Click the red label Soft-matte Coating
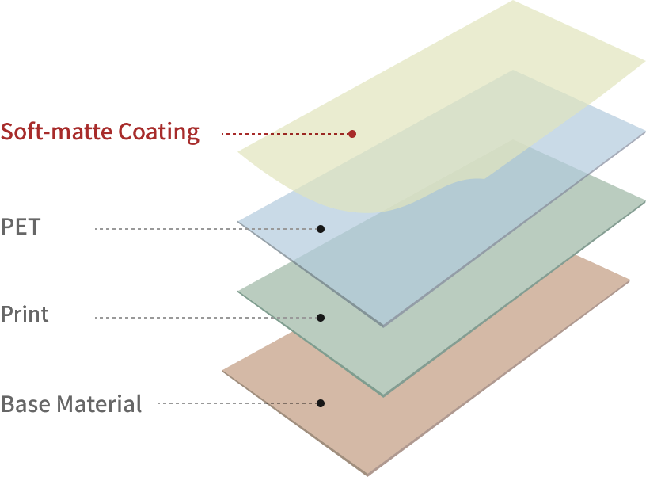click(x=100, y=132)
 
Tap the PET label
click(x=20, y=227)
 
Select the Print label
click(x=25, y=315)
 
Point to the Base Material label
click(x=71, y=404)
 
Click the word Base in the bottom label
click(x=24, y=404)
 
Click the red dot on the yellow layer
click(x=352, y=134)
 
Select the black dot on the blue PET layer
click(x=321, y=229)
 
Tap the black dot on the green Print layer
click(x=321, y=318)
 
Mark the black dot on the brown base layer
click(x=321, y=403)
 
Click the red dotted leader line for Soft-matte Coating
click(x=285, y=134)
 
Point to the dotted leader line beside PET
click(x=206, y=229)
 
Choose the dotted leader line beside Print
click(x=206, y=318)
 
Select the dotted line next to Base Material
click(x=237, y=403)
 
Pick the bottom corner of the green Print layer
click(x=384, y=394)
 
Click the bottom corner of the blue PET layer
click(x=384, y=324)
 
